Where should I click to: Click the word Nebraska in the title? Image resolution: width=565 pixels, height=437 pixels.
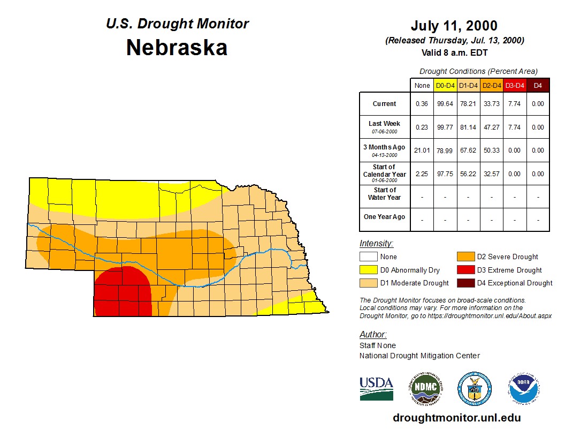[x=177, y=48]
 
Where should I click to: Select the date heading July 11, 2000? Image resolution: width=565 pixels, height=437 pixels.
[x=454, y=26]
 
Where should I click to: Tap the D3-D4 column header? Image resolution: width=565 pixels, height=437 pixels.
[x=515, y=85]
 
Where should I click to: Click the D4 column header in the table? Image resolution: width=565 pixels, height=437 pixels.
[x=538, y=85]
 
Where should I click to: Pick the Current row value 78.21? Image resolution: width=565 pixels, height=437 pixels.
[x=469, y=104]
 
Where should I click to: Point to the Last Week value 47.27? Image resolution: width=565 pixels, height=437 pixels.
[x=492, y=127]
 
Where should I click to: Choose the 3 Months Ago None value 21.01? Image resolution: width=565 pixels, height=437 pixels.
[x=422, y=150]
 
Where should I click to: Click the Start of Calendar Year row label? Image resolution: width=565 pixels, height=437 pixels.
[x=385, y=174]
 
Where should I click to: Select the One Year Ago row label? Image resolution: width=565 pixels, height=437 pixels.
[x=385, y=217]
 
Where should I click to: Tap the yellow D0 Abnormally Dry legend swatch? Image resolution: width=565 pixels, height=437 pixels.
[x=368, y=270]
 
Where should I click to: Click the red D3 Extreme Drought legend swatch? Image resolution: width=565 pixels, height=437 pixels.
[x=465, y=270]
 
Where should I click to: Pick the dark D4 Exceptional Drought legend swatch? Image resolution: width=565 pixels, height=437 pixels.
[x=465, y=283]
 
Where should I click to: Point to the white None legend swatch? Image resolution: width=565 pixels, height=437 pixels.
[x=368, y=257]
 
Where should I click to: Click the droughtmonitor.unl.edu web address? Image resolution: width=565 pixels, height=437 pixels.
[x=456, y=418]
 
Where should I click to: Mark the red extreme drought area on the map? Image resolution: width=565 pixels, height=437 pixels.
[x=122, y=292]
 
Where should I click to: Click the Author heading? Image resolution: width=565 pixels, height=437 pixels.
[x=372, y=335]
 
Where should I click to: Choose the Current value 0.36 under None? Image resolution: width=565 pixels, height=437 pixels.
[x=422, y=104]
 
